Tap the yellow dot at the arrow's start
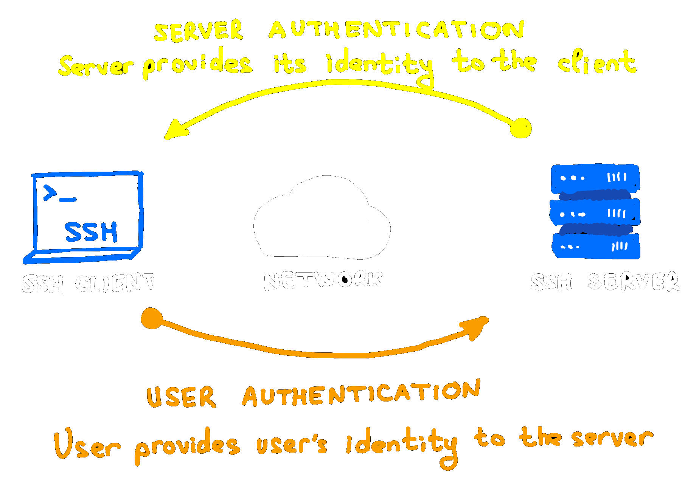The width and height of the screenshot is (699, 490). click(x=521, y=128)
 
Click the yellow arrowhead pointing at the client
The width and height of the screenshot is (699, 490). click(x=175, y=130)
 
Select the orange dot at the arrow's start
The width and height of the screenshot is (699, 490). click(x=152, y=318)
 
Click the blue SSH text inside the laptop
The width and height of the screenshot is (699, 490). click(x=91, y=232)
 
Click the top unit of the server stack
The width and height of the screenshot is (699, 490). click(x=595, y=178)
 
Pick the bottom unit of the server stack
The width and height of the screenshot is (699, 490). click(x=596, y=247)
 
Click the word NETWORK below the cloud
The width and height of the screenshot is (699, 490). click(x=323, y=281)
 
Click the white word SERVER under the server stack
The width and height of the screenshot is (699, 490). click(x=634, y=282)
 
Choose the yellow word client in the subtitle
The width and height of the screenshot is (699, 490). click(x=597, y=62)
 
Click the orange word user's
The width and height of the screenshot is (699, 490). click(x=291, y=444)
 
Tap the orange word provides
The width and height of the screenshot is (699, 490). click(x=187, y=445)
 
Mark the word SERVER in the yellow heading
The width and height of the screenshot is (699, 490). click(x=199, y=31)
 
